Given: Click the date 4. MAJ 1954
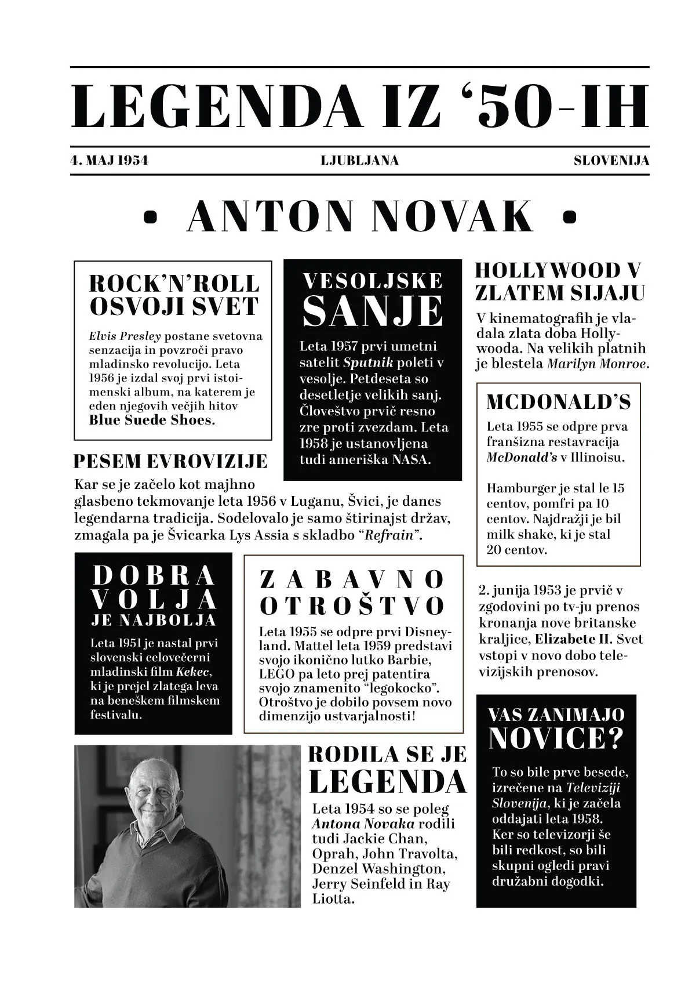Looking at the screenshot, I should click(x=109, y=161).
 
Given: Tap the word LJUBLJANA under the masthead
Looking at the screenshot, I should click(x=359, y=161).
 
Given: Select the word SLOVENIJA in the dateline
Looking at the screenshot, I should click(x=611, y=161).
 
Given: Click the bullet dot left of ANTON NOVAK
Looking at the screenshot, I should click(x=151, y=216).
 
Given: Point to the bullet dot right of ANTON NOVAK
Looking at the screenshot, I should click(x=570, y=216).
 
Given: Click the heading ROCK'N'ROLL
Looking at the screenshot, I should click(x=174, y=284).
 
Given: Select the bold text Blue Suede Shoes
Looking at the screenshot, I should click(x=152, y=420).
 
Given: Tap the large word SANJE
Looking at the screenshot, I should click(x=373, y=312).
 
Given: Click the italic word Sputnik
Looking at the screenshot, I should click(x=368, y=363).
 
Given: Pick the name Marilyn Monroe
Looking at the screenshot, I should click(x=597, y=364).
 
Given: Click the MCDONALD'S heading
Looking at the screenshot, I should click(x=558, y=402).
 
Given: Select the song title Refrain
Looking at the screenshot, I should click(x=390, y=535).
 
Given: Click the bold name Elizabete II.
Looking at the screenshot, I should click(x=572, y=640).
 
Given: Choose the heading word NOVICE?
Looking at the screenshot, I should click(x=556, y=738).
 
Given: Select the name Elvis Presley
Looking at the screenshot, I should click(x=125, y=336).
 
